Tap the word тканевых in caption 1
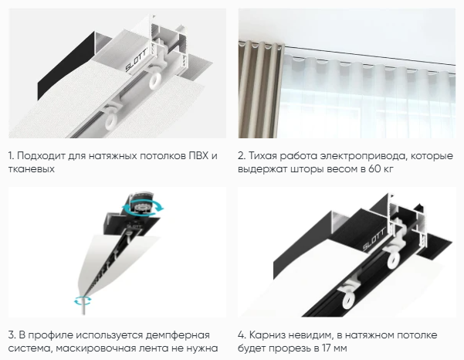[32, 169]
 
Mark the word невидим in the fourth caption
[313, 334]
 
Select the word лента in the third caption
[158, 346]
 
